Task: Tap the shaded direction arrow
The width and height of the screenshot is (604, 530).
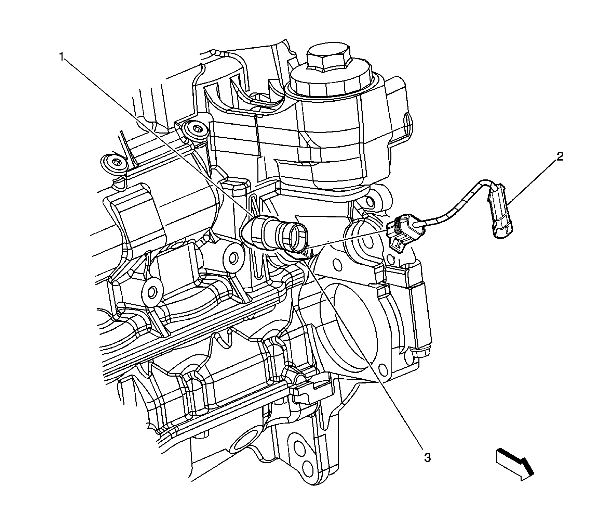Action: pos(514,466)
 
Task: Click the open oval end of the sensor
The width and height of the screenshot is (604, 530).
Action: pos(298,236)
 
